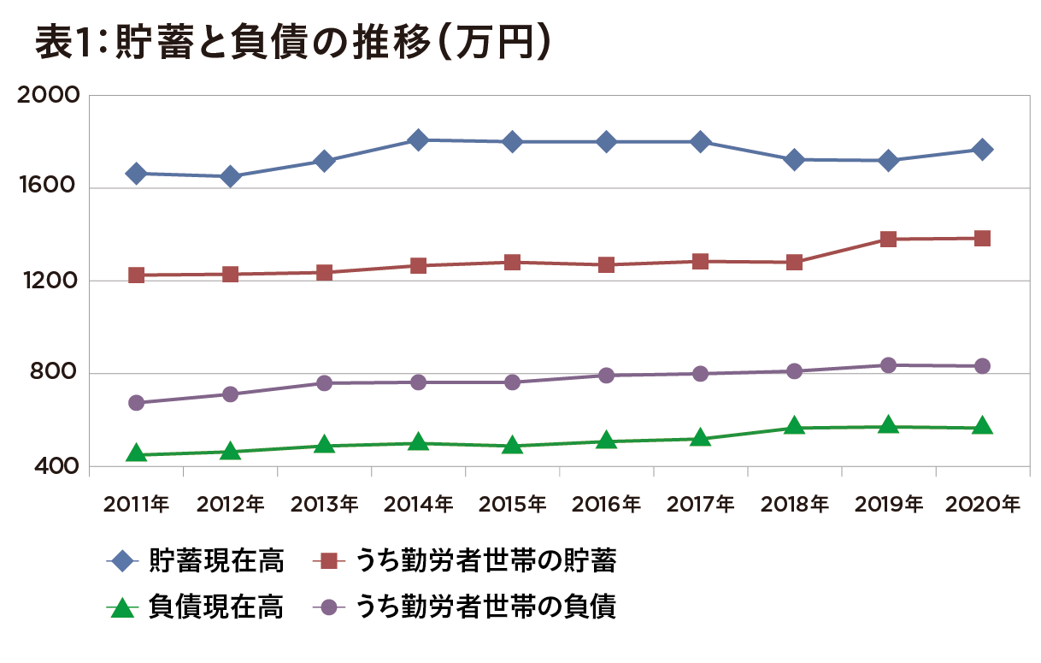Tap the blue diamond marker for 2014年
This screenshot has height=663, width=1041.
(x=418, y=139)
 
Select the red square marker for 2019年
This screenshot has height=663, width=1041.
(x=888, y=239)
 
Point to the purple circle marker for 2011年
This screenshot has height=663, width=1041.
(x=136, y=403)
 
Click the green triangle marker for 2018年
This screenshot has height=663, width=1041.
(x=794, y=426)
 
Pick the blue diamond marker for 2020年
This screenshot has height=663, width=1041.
(x=982, y=149)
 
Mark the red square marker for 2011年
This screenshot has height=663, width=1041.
(x=136, y=275)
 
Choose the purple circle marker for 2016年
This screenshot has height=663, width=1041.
(x=606, y=376)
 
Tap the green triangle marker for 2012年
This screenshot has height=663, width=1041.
(x=230, y=450)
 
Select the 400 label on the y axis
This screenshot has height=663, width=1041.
(x=56, y=467)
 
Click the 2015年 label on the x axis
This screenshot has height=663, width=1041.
(x=512, y=505)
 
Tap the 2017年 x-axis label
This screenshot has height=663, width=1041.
(x=700, y=505)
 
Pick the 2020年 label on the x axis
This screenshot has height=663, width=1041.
(x=982, y=505)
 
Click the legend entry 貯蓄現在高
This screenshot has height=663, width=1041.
(x=215, y=562)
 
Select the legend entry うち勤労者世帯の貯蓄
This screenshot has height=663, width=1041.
(x=487, y=562)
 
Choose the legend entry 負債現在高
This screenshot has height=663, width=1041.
(x=215, y=607)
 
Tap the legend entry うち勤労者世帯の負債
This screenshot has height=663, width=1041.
(x=487, y=607)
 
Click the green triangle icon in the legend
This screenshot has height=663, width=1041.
(x=124, y=608)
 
